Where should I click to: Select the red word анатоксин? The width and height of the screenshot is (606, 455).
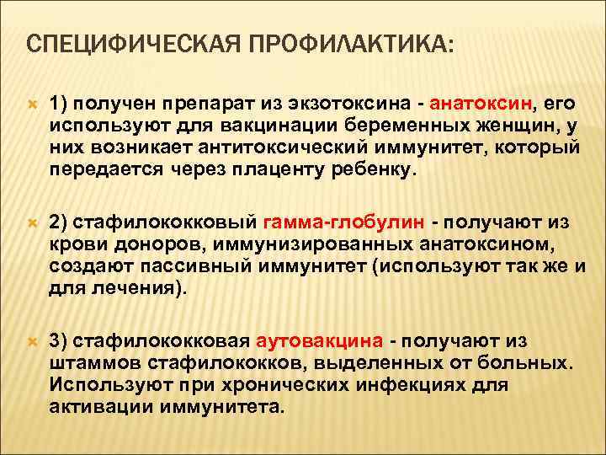point(481,104)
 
